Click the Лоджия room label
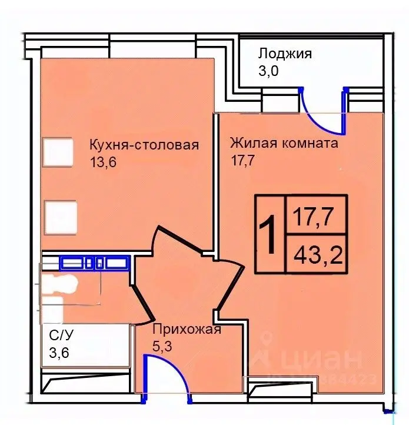pyautogui.click(x=284, y=54)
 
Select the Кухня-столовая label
pyautogui.click(x=144, y=145)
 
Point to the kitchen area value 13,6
pyautogui.click(x=104, y=162)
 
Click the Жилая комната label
pyautogui.click(x=284, y=144)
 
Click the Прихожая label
pyautogui.click(x=187, y=329)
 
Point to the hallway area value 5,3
pyautogui.click(x=162, y=346)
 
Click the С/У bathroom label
pyautogui.click(x=62, y=337)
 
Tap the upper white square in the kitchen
pyautogui.click(x=59, y=151)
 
